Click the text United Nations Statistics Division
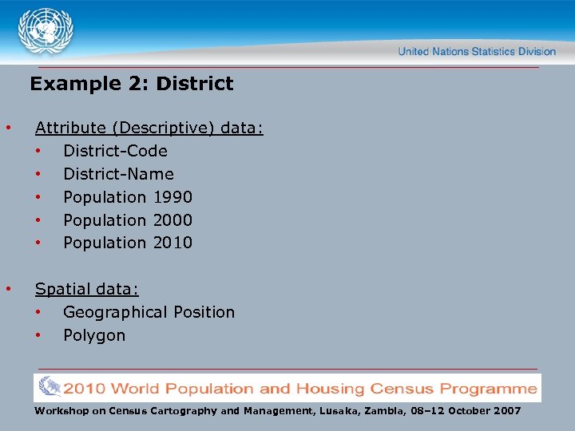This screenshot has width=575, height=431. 477,52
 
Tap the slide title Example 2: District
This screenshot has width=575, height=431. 132,84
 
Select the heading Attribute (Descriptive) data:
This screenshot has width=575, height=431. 149,128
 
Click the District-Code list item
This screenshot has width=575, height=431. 115,151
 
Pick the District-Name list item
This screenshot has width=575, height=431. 118,174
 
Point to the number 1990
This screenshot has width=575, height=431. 172,197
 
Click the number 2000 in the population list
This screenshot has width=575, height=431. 172,220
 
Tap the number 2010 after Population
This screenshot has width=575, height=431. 172,243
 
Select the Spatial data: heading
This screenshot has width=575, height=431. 87,289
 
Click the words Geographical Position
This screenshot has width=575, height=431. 149,312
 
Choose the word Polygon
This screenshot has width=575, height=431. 94,335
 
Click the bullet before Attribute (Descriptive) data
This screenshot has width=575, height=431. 7,128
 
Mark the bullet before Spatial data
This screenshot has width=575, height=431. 7,289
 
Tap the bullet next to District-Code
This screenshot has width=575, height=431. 37,151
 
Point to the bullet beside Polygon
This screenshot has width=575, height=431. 37,335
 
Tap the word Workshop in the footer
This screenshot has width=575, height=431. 59,411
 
